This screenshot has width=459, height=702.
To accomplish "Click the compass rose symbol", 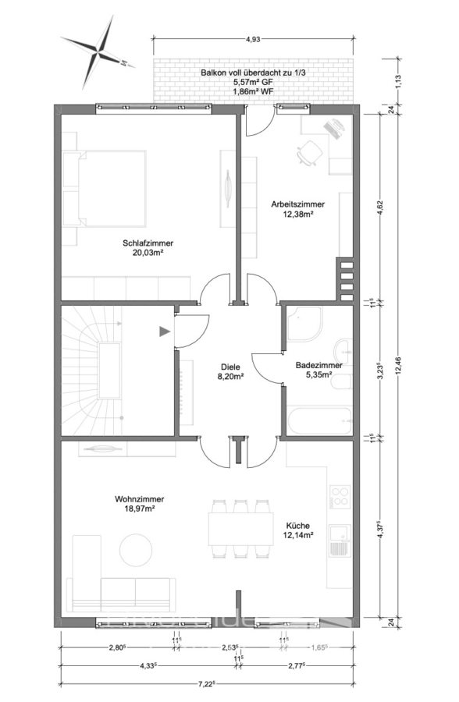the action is click(98, 52).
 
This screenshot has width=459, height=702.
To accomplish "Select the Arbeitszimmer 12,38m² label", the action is click(297, 209).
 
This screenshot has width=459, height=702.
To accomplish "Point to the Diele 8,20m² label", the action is click(230, 371).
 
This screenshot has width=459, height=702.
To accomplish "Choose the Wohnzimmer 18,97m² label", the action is click(139, 504).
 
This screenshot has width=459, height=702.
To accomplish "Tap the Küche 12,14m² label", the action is click(297, 530).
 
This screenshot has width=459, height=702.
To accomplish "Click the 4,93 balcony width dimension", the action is click(253, 40).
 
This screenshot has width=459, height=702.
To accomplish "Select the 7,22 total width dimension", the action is click(208, 683).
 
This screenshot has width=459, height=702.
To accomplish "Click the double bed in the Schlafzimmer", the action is click(105, 188).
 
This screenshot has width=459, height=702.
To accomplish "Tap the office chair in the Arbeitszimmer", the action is click(309, 153).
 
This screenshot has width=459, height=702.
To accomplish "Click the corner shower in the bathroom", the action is click(304, 324).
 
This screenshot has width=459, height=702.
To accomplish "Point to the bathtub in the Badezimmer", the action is click(319, 420).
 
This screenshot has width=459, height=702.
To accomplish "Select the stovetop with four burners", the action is click(340, 496).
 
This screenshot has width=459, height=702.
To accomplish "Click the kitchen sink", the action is click(340, 541).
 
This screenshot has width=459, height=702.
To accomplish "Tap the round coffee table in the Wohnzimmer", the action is click(135, 549).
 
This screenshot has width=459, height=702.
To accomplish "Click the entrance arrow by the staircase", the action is click(165, 331).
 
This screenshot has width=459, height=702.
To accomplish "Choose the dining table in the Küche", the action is click(240, 529).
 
